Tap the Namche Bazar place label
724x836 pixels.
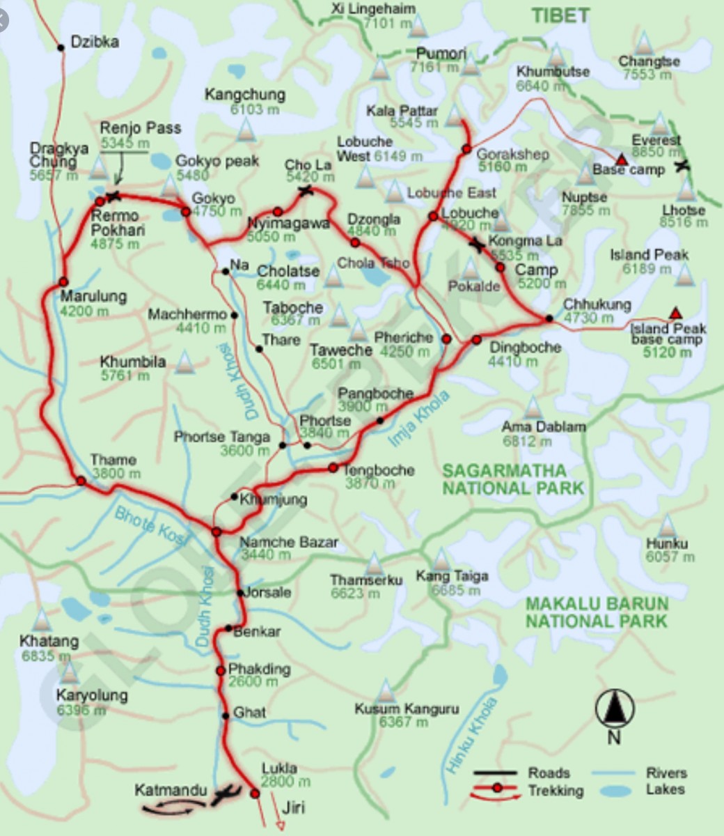click(x=289, y=543)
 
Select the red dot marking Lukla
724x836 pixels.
click(x=255, y=794)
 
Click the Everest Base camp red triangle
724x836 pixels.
click(x=622, y=160)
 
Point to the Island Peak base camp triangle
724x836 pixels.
click(x=674, y=313)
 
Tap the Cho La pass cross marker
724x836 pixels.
click(x=305, y=190)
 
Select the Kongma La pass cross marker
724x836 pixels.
click(x=477, y=245)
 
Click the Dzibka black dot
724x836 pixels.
click(x=61, y=47)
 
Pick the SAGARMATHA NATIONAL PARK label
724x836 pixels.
click(x=513, y=479)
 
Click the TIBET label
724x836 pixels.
click(x=560, y=15)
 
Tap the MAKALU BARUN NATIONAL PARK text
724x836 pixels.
click(x=597, y=612)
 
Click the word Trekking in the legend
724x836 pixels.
click(x=556, y=791)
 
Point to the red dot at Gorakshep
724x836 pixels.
click(x=466, y=149)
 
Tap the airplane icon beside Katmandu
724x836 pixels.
click(x=226, y=794)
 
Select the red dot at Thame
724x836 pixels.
click(x=81, y=481)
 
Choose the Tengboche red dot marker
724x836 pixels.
click(x=333, y=467)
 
